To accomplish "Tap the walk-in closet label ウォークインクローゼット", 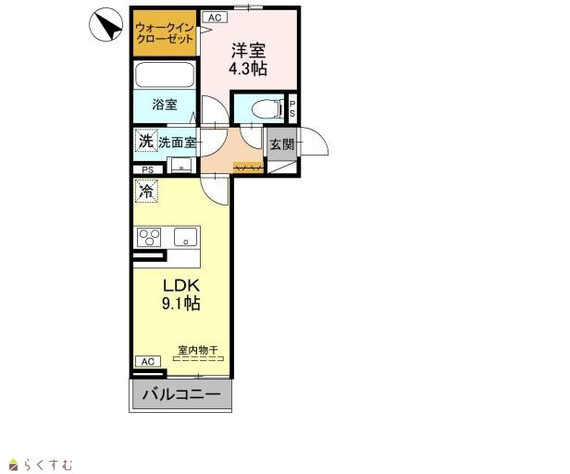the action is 165,33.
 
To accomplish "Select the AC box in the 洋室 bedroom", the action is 215,17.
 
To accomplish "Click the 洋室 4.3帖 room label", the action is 248,59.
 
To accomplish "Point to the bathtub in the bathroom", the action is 165,75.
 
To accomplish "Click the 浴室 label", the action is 165,105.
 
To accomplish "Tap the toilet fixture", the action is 267,108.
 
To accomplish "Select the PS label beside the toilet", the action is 292,108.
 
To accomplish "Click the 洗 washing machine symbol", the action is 146,141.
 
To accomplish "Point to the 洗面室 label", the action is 178,143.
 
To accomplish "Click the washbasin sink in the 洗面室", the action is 181,165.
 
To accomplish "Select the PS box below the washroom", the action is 148,170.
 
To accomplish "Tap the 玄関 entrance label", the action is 282,144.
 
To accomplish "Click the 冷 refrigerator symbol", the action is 146,191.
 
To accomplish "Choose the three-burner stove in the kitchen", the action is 149,237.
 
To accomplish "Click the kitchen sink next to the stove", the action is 185,237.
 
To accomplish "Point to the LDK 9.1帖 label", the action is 181,294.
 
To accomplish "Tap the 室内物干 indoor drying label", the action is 198,350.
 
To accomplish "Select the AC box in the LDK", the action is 148,362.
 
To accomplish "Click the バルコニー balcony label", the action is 181,394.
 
